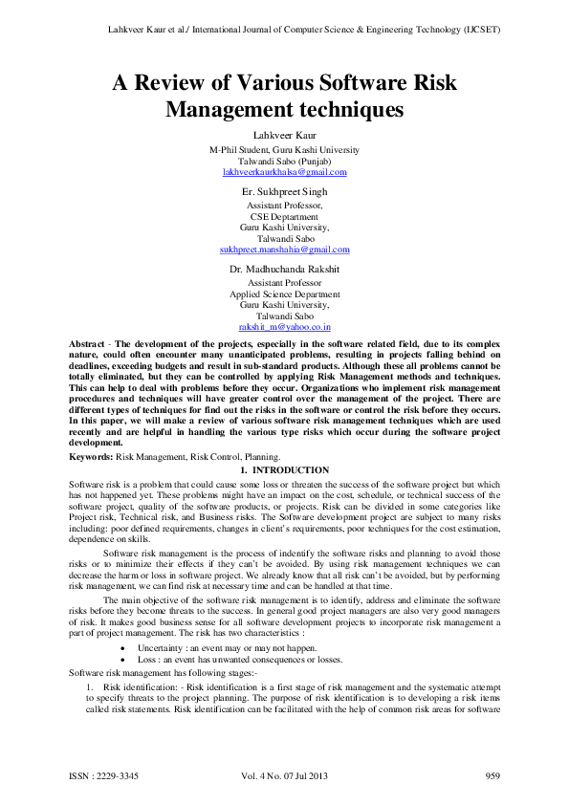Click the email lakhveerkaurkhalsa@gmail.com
click(284, 172)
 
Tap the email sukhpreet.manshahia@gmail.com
click(284, 249)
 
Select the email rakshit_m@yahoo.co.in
click(284, 326)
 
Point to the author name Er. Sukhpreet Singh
click(284, 192)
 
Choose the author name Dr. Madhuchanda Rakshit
click(284, 271)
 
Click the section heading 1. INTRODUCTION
click(284, 470)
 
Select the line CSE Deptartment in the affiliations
click(284, 217)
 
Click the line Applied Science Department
click(284, 294)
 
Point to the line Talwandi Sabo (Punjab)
click(284, 161)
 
